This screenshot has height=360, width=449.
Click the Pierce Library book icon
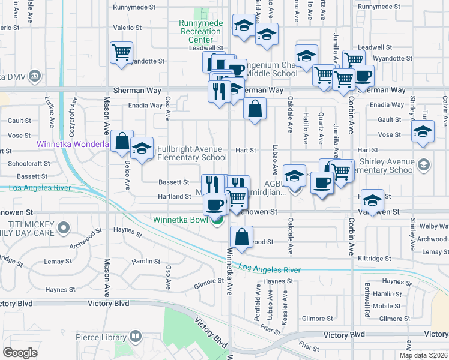click(136, 337)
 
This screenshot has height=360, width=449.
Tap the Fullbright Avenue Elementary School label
click(191, 153)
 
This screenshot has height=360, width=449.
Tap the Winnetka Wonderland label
click(73, 144)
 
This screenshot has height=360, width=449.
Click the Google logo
click(20, 352)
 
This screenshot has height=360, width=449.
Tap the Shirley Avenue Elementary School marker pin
click(424, 164)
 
